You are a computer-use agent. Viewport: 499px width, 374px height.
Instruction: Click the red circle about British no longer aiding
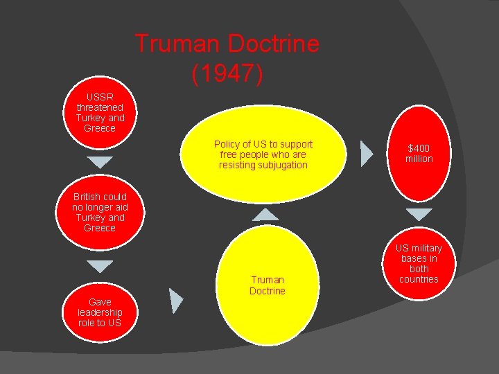[x=100, y=212]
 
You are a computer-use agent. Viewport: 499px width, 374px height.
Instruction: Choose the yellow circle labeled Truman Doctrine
[x=267, y=285]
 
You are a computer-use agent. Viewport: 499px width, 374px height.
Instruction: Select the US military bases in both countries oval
[x=419, y=264]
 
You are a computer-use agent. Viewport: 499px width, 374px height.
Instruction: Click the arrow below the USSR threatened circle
[x=100, y=163]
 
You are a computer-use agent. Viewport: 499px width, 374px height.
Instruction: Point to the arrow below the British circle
[x=100, y=266]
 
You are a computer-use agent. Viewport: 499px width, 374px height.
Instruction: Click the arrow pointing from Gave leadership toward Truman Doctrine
[x=176, y=300]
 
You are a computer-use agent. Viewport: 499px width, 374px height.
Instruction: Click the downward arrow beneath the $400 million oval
[x=419, y=214]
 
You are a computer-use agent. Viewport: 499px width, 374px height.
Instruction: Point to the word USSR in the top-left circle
[x=100, y=97]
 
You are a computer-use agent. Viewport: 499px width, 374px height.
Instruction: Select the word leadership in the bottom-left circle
[x=100, y=312]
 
